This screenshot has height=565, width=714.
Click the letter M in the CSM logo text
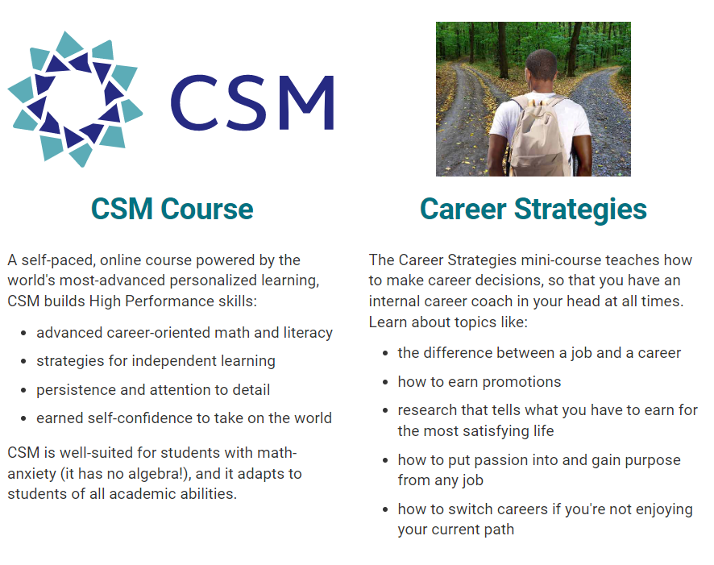point(306,103)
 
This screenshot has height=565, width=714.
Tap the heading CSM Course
point(172,209)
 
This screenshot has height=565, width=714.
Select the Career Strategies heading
point(533,210)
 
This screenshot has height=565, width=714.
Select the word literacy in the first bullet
point(308,333)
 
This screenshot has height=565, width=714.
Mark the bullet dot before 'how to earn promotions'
point(385,382)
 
